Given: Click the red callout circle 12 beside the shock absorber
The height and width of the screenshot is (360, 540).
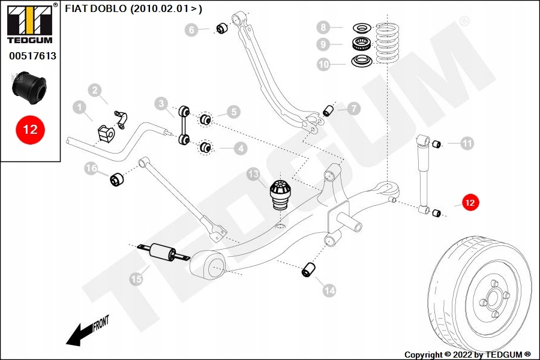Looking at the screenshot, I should click(x=470, y=203).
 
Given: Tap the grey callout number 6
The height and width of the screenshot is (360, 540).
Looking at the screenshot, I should click(x=191, y=29).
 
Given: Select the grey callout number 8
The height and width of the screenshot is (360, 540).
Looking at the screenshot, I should click(x=324, y=27).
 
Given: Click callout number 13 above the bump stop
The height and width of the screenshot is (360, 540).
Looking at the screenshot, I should click(x=254, y=175).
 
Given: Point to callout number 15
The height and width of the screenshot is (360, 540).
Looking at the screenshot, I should click(x=137, y=278).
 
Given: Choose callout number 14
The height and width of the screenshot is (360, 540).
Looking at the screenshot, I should click(x=329, y=290).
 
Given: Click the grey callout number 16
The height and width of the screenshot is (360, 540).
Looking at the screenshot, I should click(x=91, y=169).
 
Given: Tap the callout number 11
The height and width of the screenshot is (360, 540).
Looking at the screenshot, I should click(x=467, y=143).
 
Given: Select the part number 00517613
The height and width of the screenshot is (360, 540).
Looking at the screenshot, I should click(x=32, y=56).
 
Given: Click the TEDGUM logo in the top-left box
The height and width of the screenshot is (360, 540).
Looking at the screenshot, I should click(x=29, y=23).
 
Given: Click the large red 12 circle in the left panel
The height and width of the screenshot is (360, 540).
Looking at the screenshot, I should click(x=30, y=129).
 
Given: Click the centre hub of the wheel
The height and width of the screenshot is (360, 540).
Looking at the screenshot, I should click(x=492, y=298).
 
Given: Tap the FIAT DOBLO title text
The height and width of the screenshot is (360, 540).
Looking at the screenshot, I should click(x=133, y=8).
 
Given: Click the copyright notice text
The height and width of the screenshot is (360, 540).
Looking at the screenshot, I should click(x=468, y=354).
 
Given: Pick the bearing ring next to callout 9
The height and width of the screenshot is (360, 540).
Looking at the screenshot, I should click(x=360, y=44).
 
